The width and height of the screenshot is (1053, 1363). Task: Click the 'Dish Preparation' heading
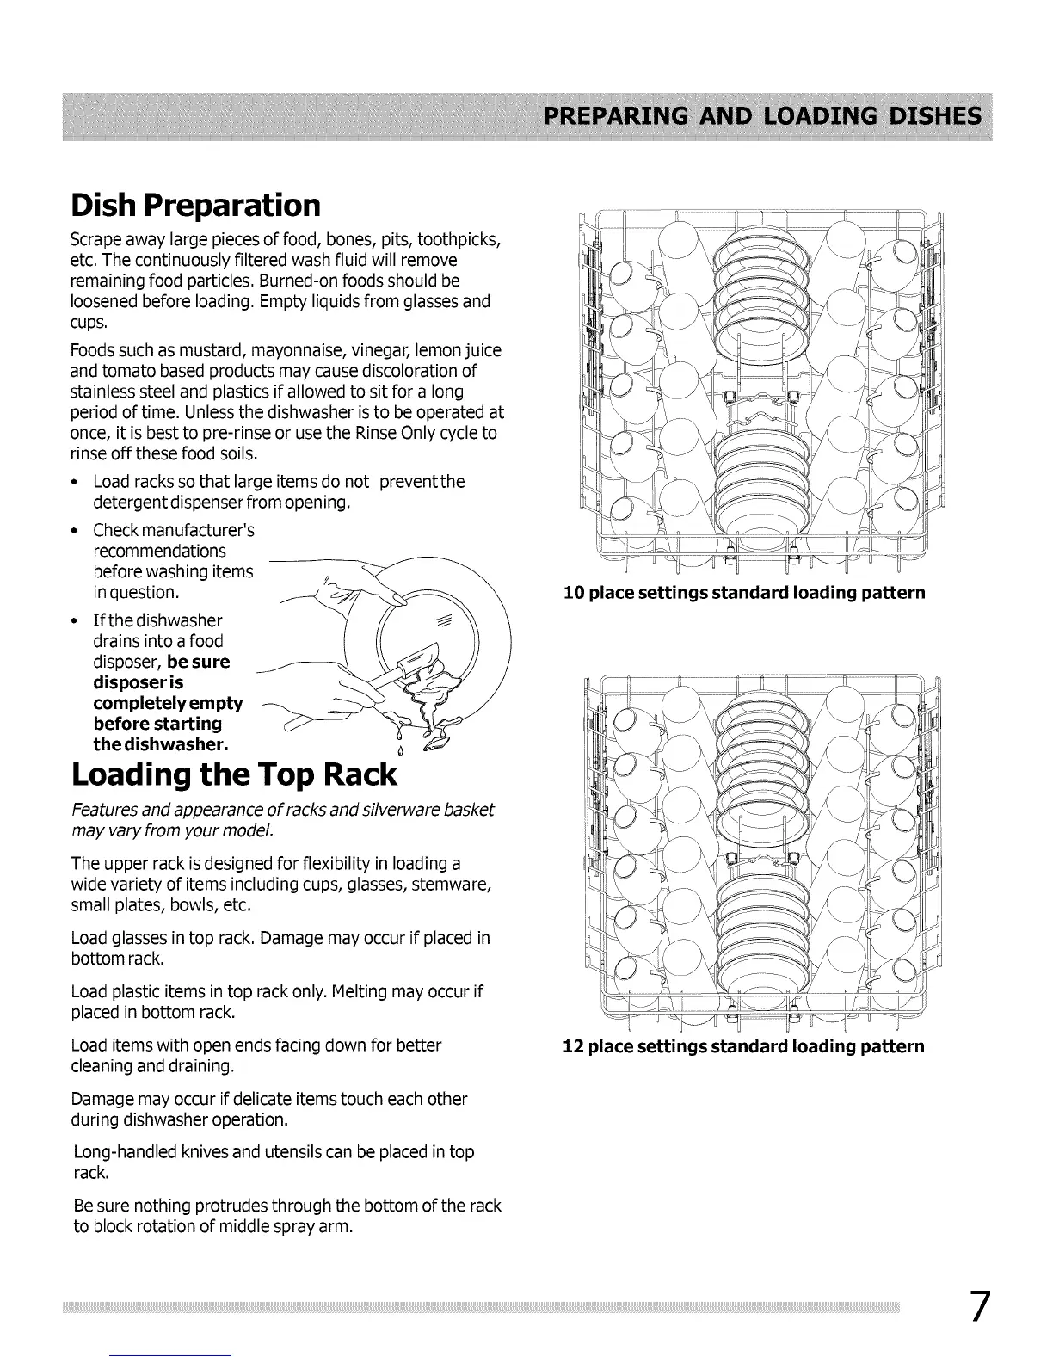click(196, 205)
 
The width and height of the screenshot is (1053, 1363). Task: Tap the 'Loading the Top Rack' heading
click(234, 774)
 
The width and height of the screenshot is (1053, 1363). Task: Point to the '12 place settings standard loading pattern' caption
click(743, 1046)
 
